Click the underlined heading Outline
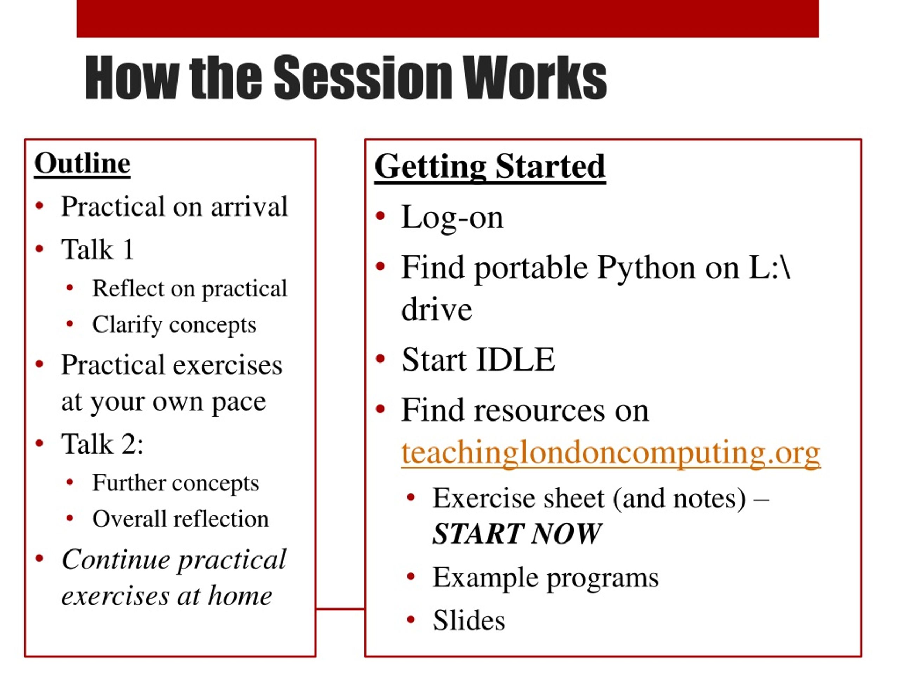pos(83,163)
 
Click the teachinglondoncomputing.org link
pos(611,452)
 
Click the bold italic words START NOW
pos(517,533)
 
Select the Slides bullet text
pos(469,620)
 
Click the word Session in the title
pos(362,77)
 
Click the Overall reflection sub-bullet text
pos(181,519)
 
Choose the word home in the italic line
pos(240,596)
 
